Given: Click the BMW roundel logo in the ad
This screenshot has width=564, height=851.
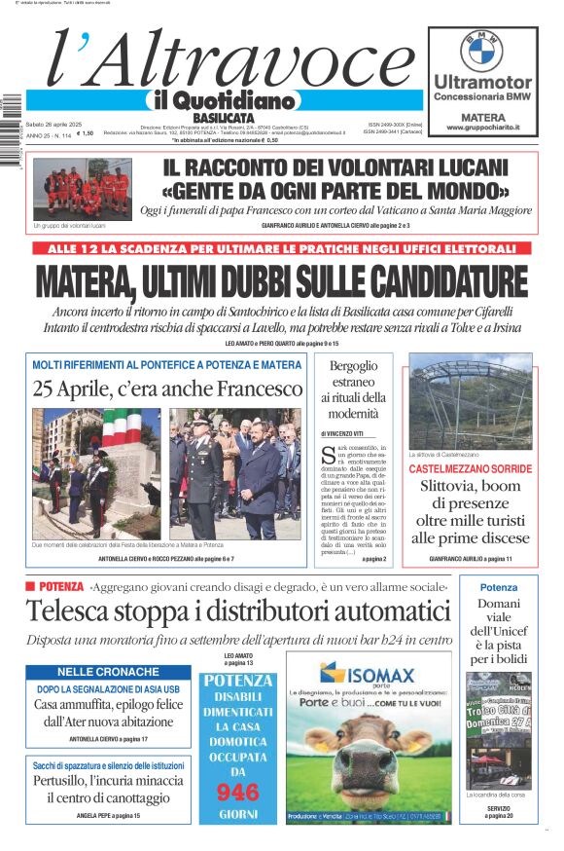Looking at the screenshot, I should tap(481, 51).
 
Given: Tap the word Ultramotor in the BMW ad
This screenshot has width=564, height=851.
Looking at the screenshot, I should tap(482, 83).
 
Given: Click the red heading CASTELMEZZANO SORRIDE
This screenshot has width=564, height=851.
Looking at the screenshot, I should tap(471, 468).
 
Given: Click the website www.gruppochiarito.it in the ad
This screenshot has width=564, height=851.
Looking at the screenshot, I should tap(482, 128).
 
